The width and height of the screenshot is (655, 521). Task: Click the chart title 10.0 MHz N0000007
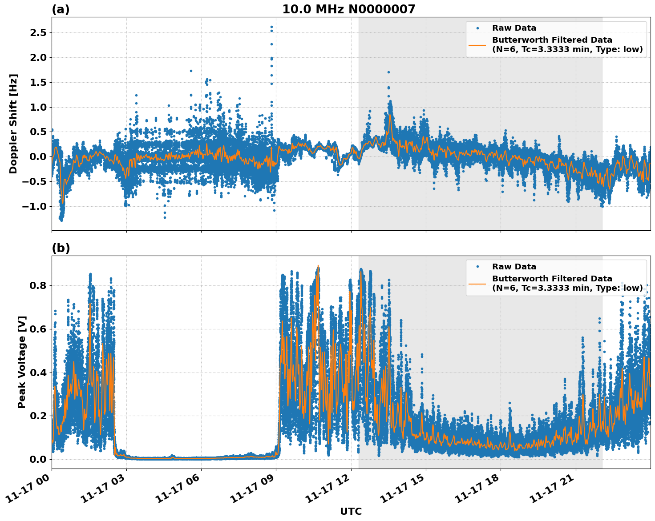tap(348, 9)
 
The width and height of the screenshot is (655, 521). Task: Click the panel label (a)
tap(61, 9)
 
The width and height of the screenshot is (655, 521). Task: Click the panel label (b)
tap(61, 248)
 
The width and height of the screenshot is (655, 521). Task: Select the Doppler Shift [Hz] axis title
tap(13, 124)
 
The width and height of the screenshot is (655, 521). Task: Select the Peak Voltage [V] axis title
tap(22, 362)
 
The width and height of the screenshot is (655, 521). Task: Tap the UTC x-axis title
tap(351, 511)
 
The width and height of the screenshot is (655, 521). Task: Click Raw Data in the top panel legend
tap(514, 28)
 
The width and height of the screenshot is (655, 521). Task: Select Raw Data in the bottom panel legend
tap(514, 267)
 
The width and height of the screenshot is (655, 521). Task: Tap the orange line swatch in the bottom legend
tap(477, 283)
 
